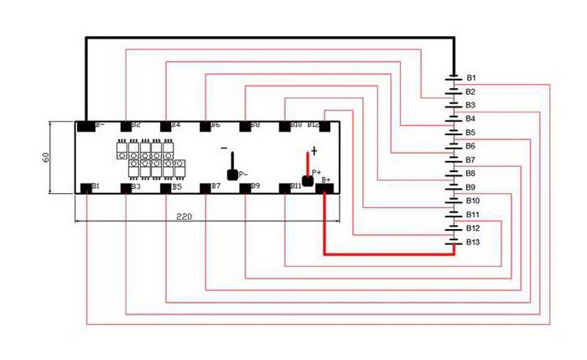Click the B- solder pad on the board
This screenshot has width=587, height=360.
pos(86,128)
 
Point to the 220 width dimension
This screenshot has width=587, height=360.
pos(186,217)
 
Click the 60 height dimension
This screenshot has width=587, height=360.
pos(44,157)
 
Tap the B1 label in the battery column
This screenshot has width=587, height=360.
pos(471,77)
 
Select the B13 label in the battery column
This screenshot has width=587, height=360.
pos(473,242)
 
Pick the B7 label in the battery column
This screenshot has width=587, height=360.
pos(471,159)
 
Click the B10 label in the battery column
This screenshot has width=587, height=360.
pos(473,201)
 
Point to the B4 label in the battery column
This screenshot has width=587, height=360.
pos(471,118)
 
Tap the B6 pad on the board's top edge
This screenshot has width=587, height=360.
pos(205,128)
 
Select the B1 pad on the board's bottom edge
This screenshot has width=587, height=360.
pos(86,188)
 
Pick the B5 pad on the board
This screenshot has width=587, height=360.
pos(165,188)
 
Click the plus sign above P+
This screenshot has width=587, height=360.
pos(314,150)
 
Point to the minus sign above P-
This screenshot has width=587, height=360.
pos(224,149)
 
